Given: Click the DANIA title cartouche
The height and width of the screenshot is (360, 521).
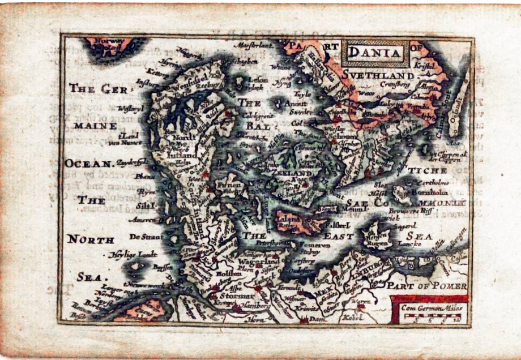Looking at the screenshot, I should [374, 54].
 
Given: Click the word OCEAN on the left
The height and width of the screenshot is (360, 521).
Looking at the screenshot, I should [89, 164].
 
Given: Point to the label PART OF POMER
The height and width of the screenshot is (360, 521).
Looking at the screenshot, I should [428, 286].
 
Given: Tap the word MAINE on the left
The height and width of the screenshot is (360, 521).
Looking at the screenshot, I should [90, 125].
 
